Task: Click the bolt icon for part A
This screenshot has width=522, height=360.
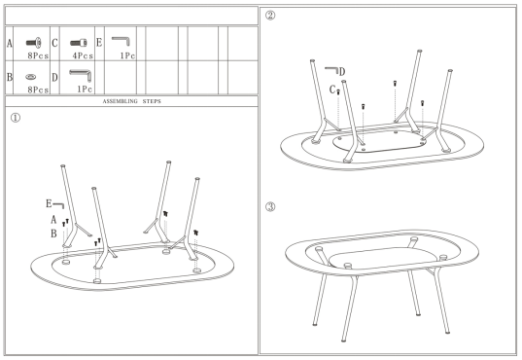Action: click(x=34, y=43)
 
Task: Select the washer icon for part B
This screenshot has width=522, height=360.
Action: click(x=31, y=77)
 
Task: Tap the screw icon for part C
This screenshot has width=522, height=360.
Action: click(x=79, y=43)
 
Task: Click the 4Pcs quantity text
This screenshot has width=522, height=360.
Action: click(x=83, y=55)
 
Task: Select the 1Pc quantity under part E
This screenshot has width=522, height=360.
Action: click(x=127, y=55)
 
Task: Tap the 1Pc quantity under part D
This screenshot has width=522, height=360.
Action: click(x=85, y=89)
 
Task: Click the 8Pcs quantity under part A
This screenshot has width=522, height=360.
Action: click(x=38, y=55)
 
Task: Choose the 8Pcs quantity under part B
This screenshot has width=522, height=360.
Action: click(x=38, y=90)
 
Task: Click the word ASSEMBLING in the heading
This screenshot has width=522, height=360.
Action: click(x=120, y=101)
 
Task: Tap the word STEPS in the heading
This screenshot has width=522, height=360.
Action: click(x=152, y=101)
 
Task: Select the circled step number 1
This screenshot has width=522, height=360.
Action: click(x=16, y=118)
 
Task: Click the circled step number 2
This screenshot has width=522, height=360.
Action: click(x=270, y=16)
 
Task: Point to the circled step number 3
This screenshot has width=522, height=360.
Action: click(x=270, y=207)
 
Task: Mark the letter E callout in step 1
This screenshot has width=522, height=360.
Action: click(x=49, y=203)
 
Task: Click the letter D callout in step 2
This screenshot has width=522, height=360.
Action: click(x=342, y=72)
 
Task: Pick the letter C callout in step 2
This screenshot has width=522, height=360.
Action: click(x=332, y=90)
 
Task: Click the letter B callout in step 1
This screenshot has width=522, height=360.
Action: click(x=53, y=234)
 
